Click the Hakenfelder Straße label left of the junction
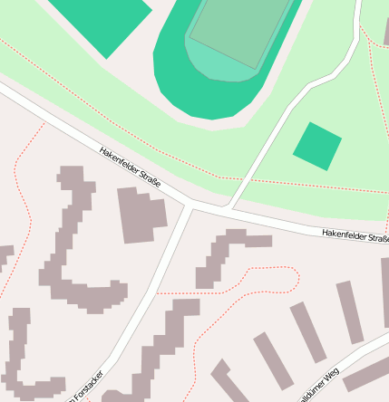(x=130, y=168)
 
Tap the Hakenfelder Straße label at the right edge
(x=355, y=236)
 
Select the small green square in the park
(x=317, y=146)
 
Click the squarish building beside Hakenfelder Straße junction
(x=141, y=215)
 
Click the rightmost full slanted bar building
(x=350, y=311)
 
